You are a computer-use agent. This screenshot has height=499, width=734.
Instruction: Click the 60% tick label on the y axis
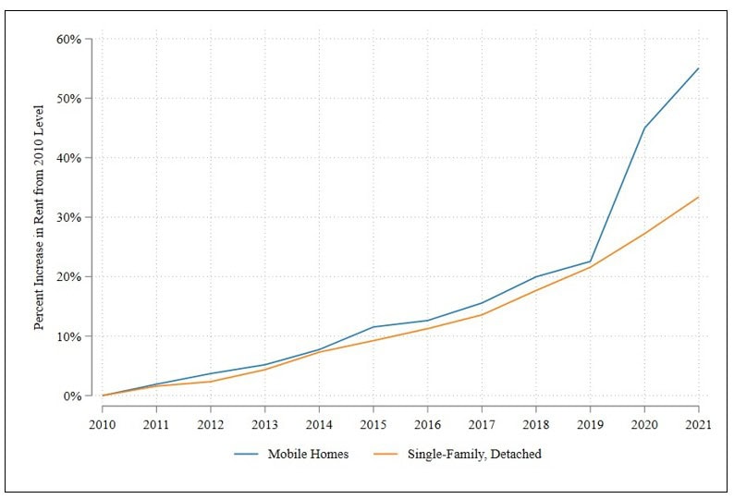tap(70, 40)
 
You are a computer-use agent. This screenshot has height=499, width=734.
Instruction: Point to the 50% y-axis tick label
tap(70, 99)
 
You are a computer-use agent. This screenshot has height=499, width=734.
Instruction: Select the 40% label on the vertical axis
tap(70, 158)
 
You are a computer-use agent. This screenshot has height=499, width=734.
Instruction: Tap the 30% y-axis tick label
tap(70, 218)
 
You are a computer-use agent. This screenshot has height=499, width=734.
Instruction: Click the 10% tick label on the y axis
tap(70, 336)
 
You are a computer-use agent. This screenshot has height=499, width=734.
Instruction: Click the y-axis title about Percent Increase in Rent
tap(40, 218)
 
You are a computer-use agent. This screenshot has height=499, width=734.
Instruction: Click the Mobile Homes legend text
tap(310, 454)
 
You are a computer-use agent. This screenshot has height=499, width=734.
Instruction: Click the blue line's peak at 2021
tap(699, 68)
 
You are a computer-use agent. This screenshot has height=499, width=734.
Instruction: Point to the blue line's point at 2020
tap(644, 128)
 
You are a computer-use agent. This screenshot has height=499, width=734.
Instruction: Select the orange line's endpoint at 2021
tap(699, 197)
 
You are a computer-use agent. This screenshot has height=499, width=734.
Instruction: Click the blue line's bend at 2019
tap(590, 262)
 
